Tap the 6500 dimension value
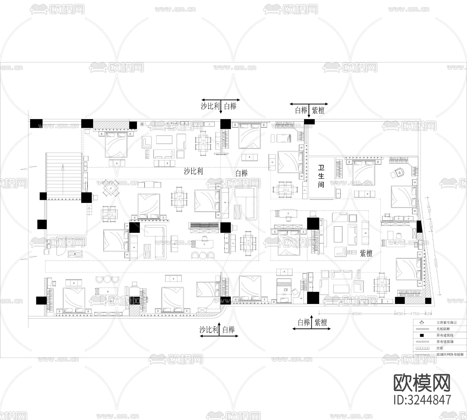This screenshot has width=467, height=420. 357,314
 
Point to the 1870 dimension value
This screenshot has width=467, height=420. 428,208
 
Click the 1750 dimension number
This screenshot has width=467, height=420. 415,314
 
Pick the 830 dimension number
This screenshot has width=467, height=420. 399,314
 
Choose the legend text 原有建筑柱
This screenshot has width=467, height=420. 445,335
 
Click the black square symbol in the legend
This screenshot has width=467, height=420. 422,335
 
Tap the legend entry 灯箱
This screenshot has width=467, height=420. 440,348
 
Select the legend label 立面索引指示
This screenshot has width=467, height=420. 447,323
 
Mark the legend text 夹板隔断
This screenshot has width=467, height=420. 443,329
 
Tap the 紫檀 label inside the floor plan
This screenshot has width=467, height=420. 366,253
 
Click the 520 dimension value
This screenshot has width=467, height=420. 429,314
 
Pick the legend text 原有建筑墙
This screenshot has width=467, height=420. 445,342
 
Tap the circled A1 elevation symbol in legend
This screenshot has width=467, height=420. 422,323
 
